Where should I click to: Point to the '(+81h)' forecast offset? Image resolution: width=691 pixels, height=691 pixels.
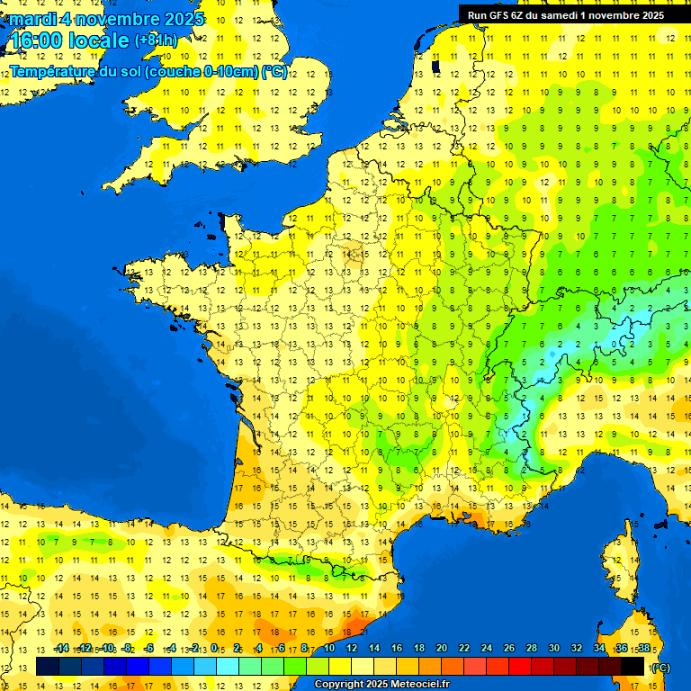pyautogui.click(x=156, y=40)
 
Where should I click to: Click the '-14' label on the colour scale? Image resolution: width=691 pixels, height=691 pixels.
pyautogui.click(x=61, y=648)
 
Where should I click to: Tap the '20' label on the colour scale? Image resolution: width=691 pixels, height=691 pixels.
pyautogui.click(x=442, y=648)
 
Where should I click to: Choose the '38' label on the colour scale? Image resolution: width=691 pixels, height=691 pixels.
pyautogui.click(x=643, y=648)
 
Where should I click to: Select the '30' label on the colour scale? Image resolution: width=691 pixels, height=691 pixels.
pyautogui.click(x=553, y=648)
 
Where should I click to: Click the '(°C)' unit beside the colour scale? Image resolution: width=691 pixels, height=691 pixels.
pyautogui.click(x=660, y=668)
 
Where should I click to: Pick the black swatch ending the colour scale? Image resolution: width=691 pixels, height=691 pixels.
pyautogui.click(x=633, y=667)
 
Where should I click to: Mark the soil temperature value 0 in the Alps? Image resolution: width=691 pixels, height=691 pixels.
pyautogui.click(x=614, y=343)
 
